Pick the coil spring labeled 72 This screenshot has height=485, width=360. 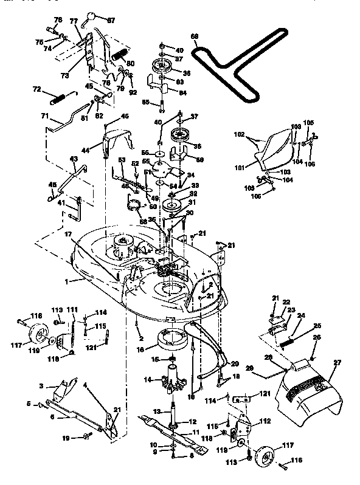click(61, 97)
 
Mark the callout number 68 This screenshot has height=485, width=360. click(195, 36)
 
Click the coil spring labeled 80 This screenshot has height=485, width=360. click(120, 57)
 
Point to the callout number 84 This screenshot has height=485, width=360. click(182, 92)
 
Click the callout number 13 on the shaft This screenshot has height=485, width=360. click(157, 411)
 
